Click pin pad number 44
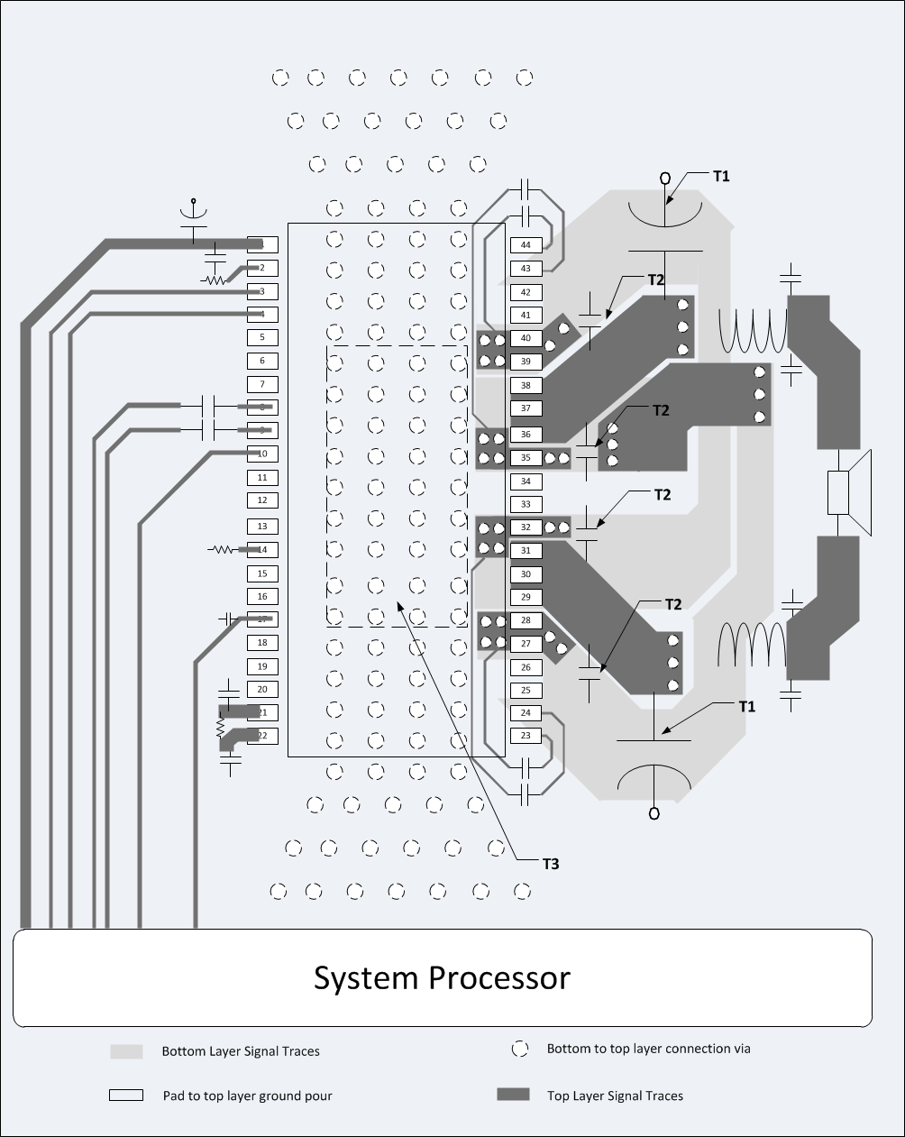[x=526, y=245]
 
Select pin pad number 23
[x=526, y=736]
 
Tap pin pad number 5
[x=262, y=337]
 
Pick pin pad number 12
[x=262, y=500]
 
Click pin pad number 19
[x=262, y=666]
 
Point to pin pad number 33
[x=526, y=505]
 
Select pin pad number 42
[x=526, y=292]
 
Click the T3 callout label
[x=551, y=864]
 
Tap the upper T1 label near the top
[x=721, y=177]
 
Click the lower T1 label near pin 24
[x=746, y=706]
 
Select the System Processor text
[x=442, y=978]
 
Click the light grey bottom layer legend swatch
[x=126, y=1051]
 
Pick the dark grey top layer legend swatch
[x=513, y=1095]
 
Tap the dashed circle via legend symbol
[x=519, y=1049]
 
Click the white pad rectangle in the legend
[x=126, y=1095]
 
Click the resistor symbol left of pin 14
[x=221, y=548]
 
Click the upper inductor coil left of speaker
[x=753, y=331]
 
